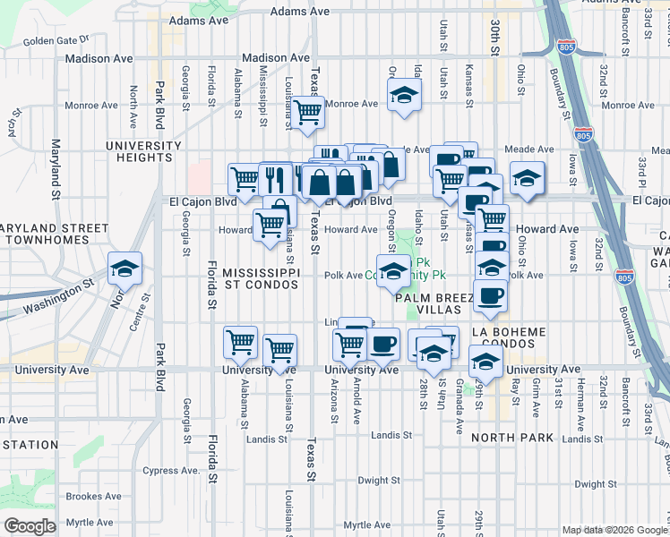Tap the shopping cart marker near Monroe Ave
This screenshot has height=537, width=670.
(x=307, y=113)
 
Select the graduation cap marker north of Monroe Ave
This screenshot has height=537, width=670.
(x=404, y=95)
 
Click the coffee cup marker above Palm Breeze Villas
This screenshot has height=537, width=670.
(x=489, y=296)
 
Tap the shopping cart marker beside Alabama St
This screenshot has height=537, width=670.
(x=241, y=342)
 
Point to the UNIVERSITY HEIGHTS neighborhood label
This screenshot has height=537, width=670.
(x=138, y=151)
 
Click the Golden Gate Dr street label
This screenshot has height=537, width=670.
(x=56, y=40)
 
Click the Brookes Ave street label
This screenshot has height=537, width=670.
(x=93, y=496)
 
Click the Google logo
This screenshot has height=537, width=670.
(x=30, y=526)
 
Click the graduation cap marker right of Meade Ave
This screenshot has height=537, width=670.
(x=527, y=178)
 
